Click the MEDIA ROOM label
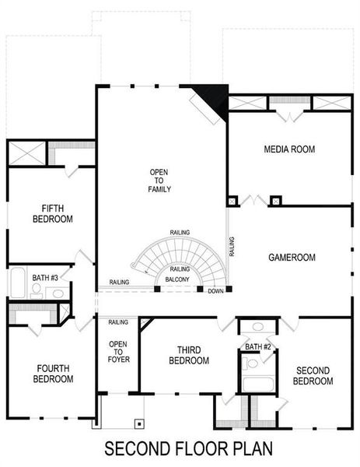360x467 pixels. (x=289, y=149)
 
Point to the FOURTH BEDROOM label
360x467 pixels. (x=53, y=373)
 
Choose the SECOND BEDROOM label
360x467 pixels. (x=313, y=375)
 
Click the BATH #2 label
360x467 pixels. (x=257, y=346)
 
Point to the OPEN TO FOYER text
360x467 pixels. (x=118, y=352)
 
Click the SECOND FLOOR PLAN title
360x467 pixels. (x=180, y=450)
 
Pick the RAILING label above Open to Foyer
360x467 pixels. (x=118, y=321)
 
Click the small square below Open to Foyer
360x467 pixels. (x=140, y=423)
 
